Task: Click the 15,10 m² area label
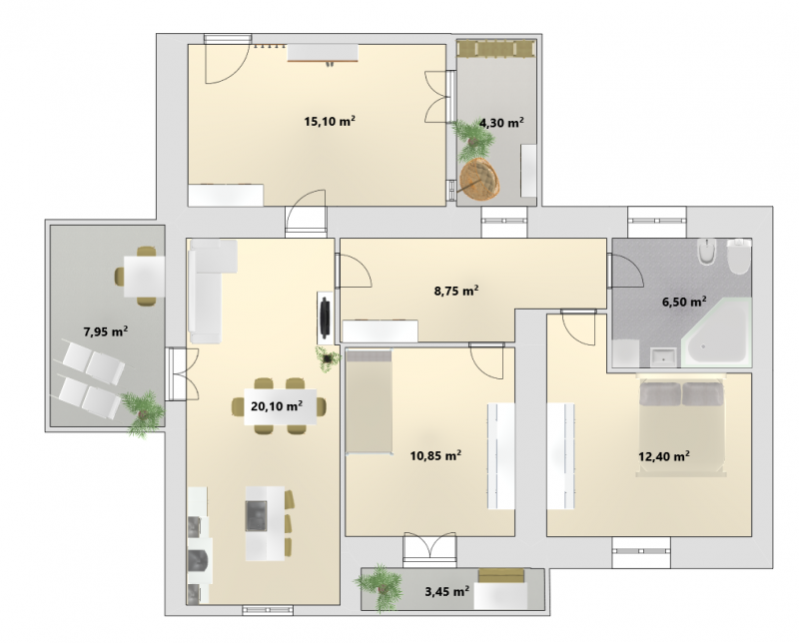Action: tap(330, 121)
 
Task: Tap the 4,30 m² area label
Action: tap(502, 123)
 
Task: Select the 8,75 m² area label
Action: tap(456, 291)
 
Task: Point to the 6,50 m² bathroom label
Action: tap(684, 302)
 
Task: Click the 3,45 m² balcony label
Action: tap(446, 591)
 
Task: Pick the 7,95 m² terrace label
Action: tap(106, 331)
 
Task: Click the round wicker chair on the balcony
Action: tap(479, 180)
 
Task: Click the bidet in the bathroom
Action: tap(707, 252)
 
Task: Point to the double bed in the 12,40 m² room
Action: tap(681, 425)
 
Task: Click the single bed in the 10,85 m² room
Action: tap(369, 401)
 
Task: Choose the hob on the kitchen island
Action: tap(257, 515)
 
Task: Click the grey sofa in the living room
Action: tap(208, 291)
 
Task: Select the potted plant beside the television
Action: tap(328, 358)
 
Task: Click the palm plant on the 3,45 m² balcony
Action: tap(380, 586)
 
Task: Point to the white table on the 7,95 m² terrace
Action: tap(144, 277)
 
